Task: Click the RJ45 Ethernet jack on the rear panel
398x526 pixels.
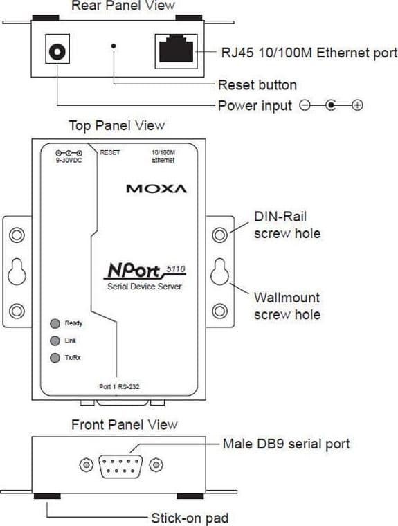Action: [177, 51]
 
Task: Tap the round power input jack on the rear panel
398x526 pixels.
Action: [57, 52]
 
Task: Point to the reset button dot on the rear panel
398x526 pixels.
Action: [114, 46]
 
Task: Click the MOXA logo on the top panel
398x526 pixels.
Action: [156, 188]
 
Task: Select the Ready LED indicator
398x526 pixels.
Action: [55, 323]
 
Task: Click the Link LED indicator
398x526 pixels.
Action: [55, 341]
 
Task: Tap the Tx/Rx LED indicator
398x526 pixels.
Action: [55, 358]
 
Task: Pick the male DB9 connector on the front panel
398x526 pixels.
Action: [120, 466]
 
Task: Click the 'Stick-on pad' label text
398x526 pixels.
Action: [190, 518]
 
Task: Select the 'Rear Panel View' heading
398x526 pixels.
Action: [123, 6]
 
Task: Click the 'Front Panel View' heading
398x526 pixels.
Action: [124, 425]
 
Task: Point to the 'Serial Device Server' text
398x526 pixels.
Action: [144, 287]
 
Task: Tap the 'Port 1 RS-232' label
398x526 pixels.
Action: [119, 386]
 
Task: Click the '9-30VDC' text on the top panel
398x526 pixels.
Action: [69, 161]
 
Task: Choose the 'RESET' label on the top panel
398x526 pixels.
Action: [110, 152]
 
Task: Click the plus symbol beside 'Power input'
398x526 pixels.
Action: [357, 105]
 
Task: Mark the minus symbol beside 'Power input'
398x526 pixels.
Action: [305, 105]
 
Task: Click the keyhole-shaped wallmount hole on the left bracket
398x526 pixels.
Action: [17, 272]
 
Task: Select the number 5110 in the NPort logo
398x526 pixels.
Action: [176, 269]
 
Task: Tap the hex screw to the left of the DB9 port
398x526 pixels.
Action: [87, 465]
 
